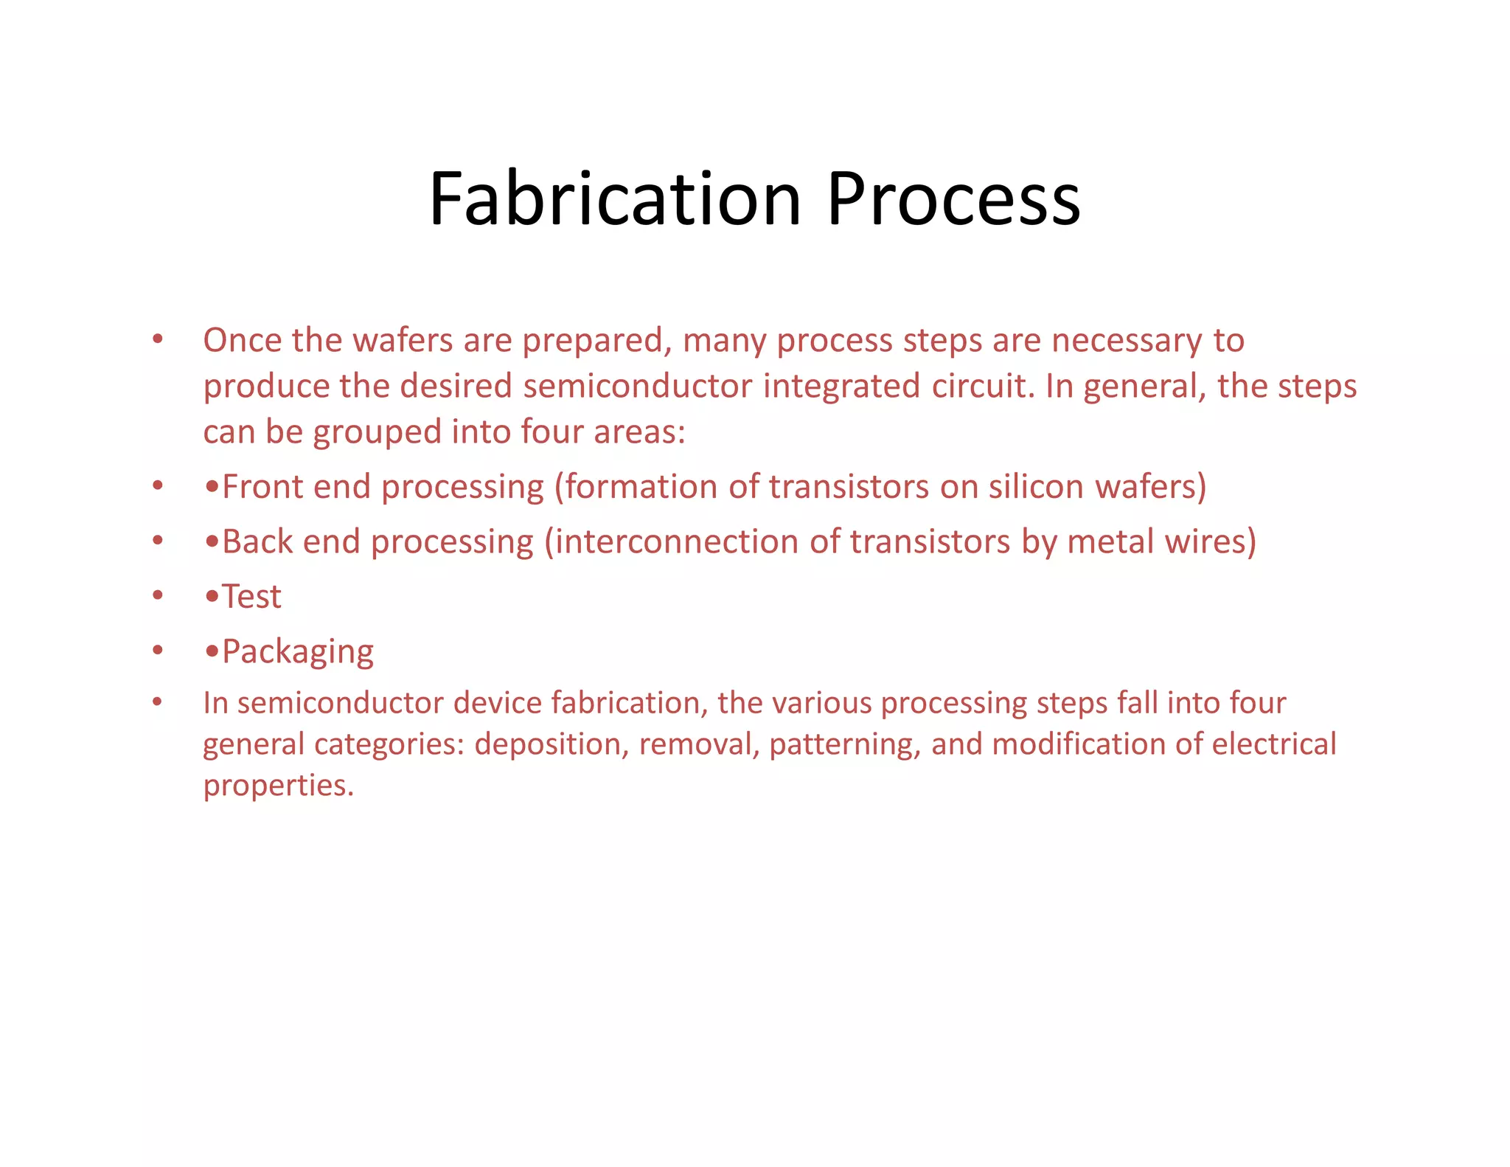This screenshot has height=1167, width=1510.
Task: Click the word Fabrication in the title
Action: (x=615, y=199)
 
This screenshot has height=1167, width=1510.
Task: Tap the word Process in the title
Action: (x=953, y=199)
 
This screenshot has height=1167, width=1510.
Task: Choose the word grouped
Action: (x=377, y=433)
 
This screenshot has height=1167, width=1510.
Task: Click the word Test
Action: (x=251, y=596)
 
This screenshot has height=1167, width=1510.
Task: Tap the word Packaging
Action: (x=298, y=652)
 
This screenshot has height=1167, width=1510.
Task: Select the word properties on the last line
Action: (x=278, y=786)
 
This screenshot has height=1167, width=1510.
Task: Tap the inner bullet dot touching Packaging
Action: (x=212, y=651)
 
